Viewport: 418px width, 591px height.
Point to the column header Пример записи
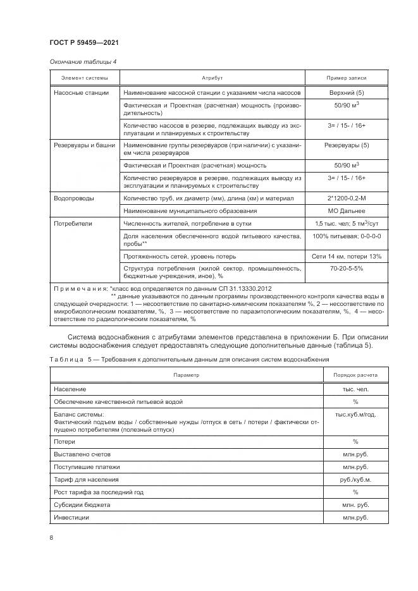point(346,78)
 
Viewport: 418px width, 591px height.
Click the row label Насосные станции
point(81,93)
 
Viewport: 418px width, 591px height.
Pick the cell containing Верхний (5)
point(346,93)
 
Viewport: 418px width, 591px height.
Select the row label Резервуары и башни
point(85,145)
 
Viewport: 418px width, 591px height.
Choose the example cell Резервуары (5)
point(346,145)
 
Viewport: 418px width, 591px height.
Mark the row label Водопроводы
point(74,198)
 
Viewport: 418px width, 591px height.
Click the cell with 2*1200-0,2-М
point(346,198)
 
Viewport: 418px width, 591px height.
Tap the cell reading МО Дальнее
point(346,210)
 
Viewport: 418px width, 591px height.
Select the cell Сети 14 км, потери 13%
point(346,256)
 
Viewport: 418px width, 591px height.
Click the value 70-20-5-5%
point(346,269)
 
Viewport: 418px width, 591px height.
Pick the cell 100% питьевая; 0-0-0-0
point(346,236)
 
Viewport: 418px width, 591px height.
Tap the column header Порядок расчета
point(355,375)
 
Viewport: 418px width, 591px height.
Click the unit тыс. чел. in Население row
point(355,389)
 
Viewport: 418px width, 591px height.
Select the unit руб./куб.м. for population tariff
point(355,479)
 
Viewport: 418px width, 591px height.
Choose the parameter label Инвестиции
point(72,517)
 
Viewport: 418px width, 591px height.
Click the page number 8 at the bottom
point(51,537)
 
